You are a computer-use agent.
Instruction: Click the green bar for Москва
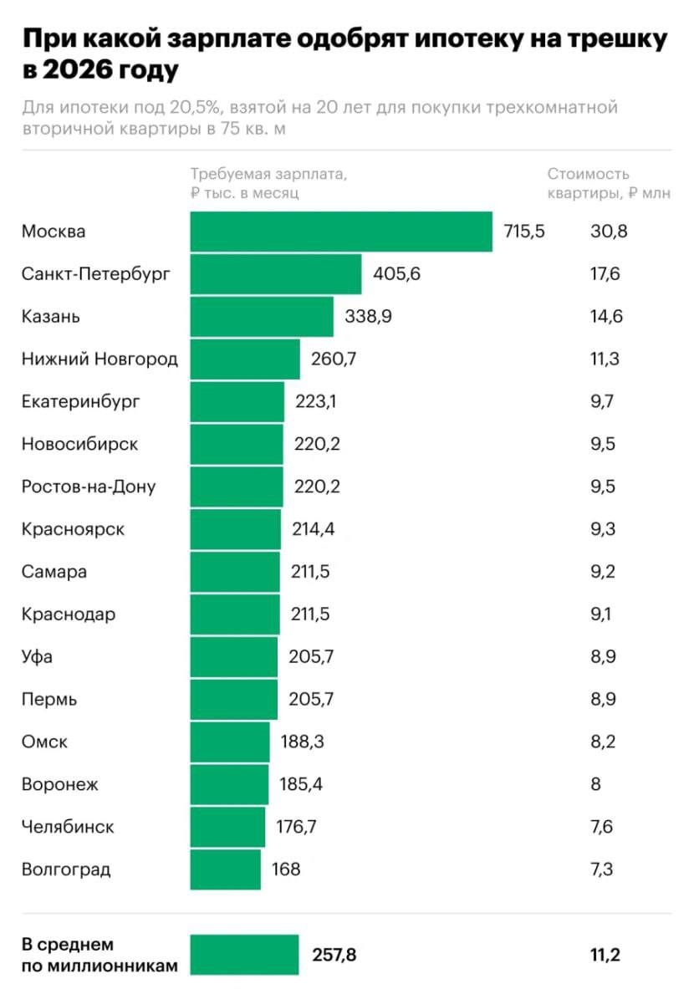point(341,232)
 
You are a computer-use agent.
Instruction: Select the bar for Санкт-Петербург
point(276,274)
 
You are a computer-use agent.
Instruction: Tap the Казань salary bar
point(262,317)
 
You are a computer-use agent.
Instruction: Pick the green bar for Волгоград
point(226,869)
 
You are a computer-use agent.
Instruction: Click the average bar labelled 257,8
point(244,955)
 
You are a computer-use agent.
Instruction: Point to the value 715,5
point(524,232)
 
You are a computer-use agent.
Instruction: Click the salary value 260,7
point(332,359)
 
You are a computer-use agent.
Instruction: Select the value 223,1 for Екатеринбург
point(314,402)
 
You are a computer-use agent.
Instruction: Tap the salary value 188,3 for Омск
point(301,742)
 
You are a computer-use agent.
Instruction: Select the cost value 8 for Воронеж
point(595,785)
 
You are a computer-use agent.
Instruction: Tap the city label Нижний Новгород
point(100,359)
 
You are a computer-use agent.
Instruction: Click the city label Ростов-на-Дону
point(89,487)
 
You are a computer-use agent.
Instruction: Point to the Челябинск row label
point(68,828)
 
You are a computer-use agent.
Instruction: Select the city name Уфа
point(37,657)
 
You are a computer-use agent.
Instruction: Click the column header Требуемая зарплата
point(268,175)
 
